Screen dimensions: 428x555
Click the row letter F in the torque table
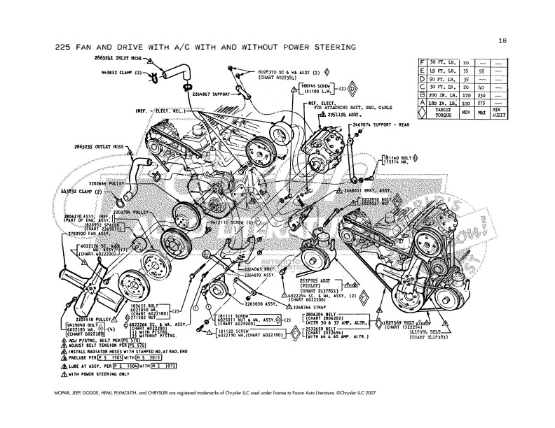pos(422,62)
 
